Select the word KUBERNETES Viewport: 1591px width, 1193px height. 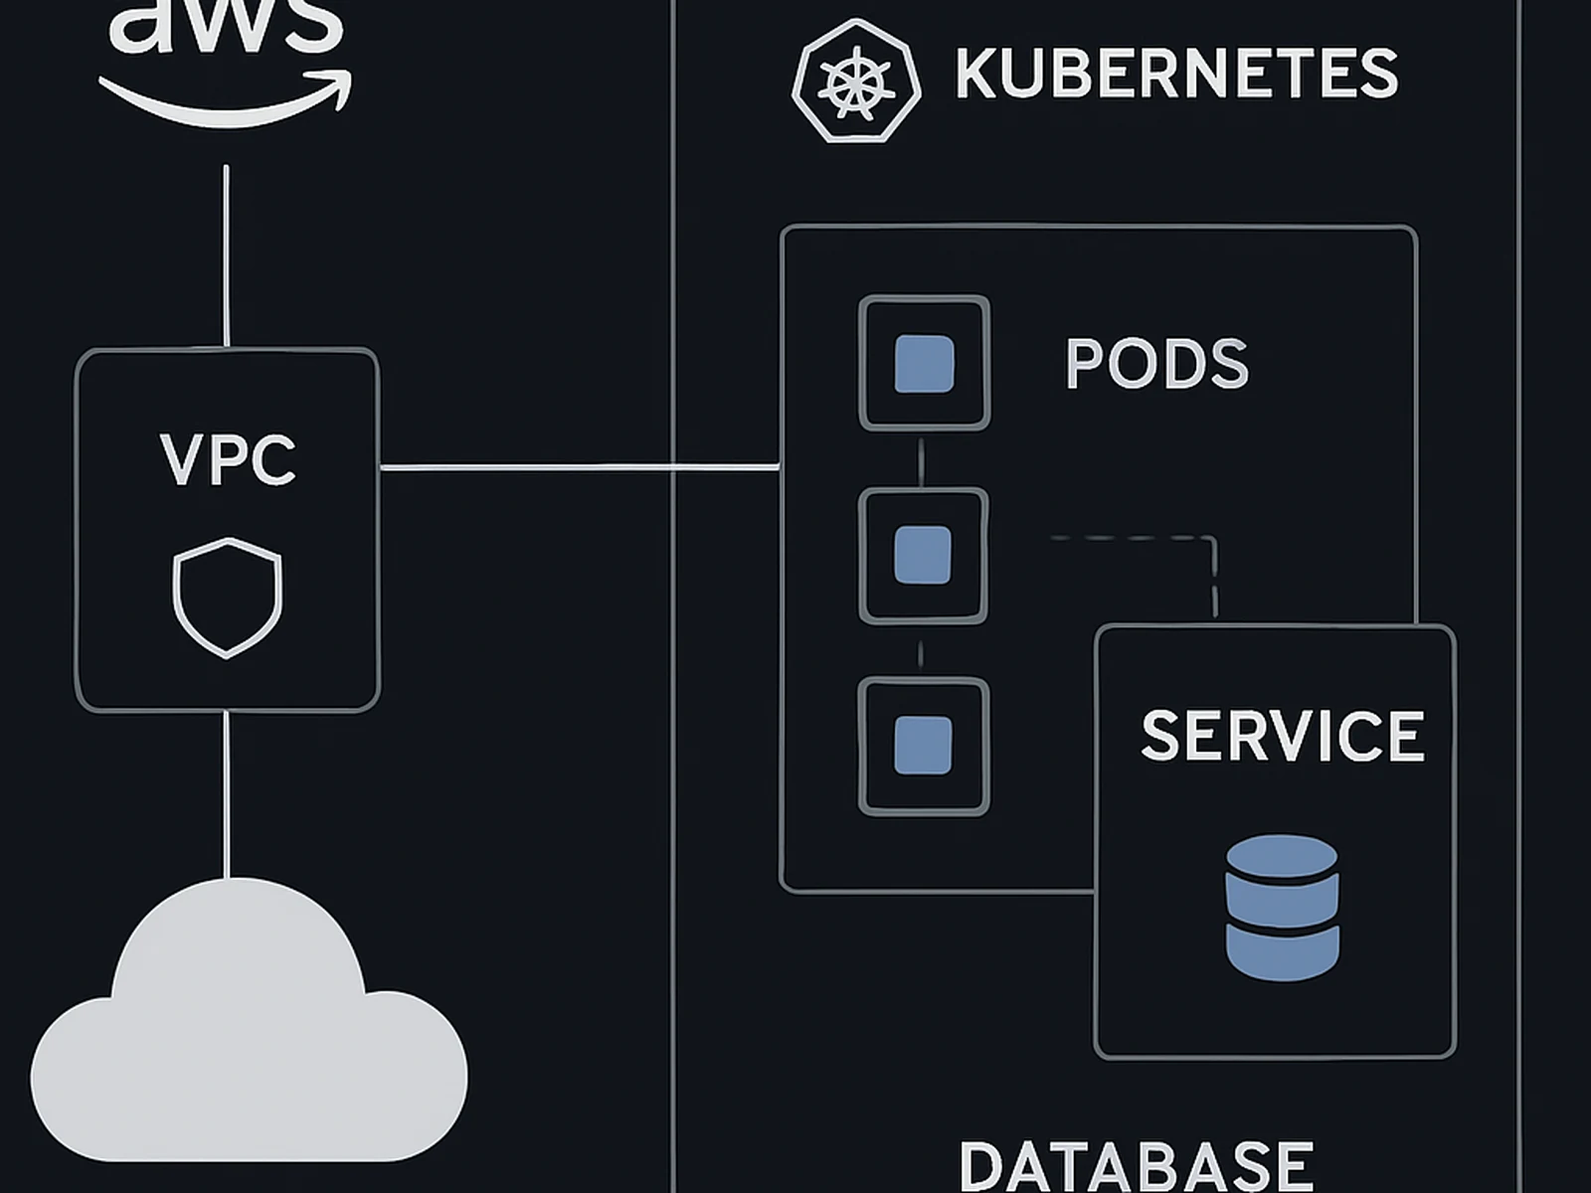(x=1176, y=73)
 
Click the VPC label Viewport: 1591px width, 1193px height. (x=228, y=459)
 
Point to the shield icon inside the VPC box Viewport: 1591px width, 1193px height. (x=228, y=597)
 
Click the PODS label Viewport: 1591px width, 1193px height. (x=1156, y=364)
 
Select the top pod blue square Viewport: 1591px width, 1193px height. (x=924, y=364)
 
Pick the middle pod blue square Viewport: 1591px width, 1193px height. (x=923, y=555)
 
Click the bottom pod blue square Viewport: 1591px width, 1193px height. (x=923, y=746)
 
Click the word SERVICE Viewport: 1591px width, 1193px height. (x=1283, y=736)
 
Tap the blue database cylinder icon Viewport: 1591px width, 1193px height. (x=1282, y=907)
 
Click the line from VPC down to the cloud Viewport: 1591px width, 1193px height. (x=228, y=795)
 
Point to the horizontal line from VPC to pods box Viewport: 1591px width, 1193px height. (x=577, y=466)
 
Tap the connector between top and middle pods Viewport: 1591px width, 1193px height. (x=922, y=459)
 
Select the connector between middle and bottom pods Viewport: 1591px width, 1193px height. (x=921, y=652)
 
